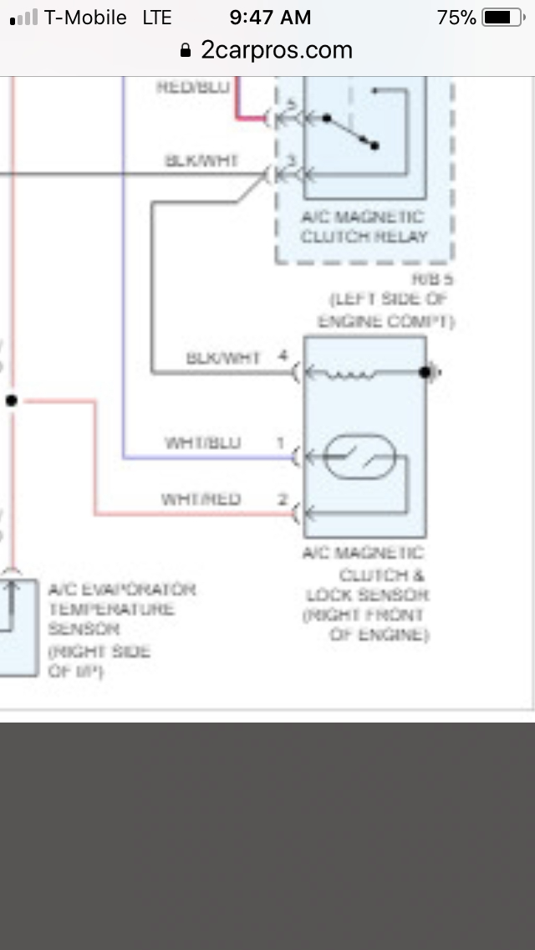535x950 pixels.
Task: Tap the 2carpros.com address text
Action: tap(277, 50)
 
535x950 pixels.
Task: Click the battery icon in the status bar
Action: tap(502, 18)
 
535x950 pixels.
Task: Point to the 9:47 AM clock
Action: tap(270, 18)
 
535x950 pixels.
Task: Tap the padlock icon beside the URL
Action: tap(186, 51)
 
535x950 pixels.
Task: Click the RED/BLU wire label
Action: tap(193, 87)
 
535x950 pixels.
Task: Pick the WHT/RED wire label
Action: tap(201, 499)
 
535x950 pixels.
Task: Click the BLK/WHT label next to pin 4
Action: tap(223, 358)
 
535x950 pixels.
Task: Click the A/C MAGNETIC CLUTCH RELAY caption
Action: tap(364, 227)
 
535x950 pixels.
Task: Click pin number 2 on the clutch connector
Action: tap(283, 500)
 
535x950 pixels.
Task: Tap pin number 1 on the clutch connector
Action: tap(282, 442)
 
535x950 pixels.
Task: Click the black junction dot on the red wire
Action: tap(11, 401)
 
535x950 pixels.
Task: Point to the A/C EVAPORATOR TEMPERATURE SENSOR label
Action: tap(122, 609)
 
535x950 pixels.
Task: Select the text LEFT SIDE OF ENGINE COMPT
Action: tap(386, 310)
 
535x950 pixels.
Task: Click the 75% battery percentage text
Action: tap(456, 18)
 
